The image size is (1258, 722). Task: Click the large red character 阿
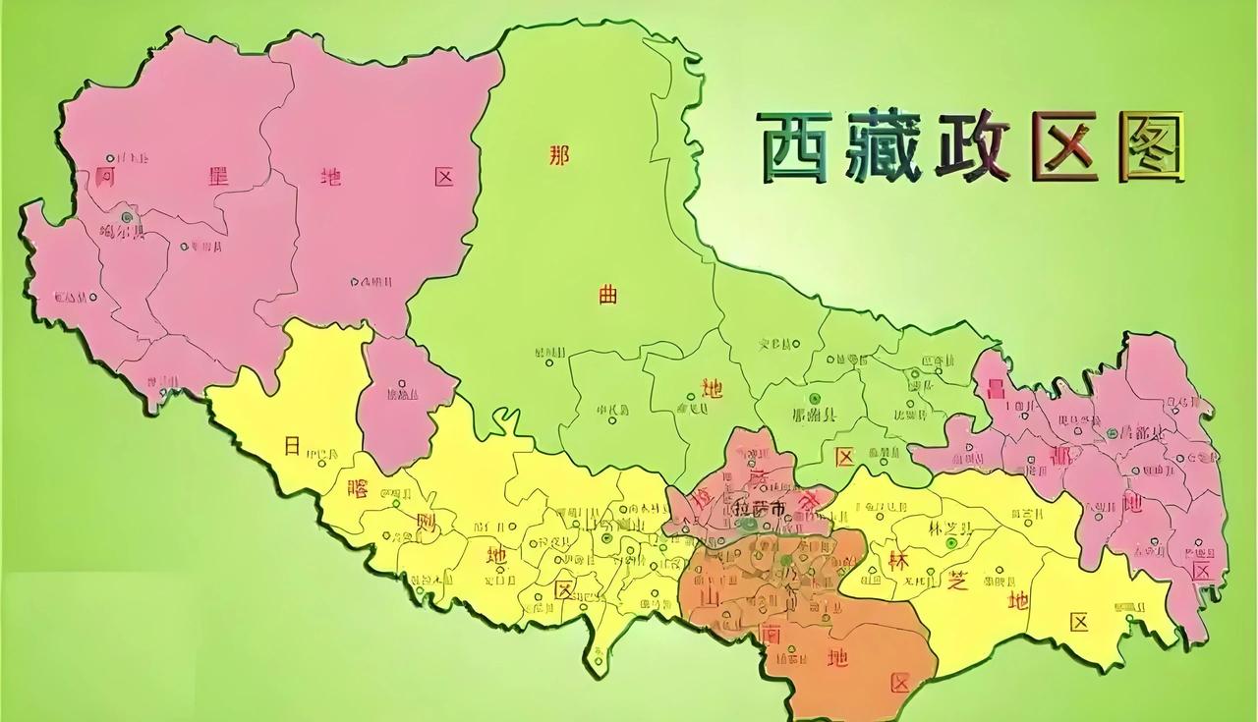[x=106, y=178]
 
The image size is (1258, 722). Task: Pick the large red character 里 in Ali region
[x=217, y=178]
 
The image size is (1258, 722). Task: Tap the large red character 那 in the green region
[x=558, y=155]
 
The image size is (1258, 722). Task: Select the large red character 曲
[x=608, y=295]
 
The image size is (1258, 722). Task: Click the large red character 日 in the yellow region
[x=292, y=446]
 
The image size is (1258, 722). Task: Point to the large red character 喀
[x=357, y=489]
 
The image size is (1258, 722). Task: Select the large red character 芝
[x=957, y=581]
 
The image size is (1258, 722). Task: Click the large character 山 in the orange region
[x=707, y=598]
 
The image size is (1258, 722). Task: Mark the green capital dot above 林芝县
[x=949, y=543]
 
